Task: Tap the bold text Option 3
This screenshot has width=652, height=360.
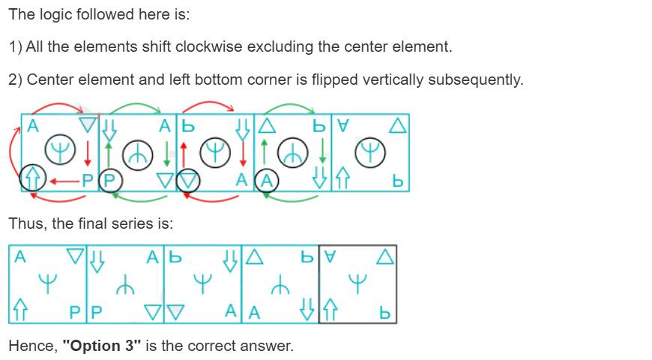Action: click(x=102, y=346)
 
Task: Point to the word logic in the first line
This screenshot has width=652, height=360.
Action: click(x=58, y=15)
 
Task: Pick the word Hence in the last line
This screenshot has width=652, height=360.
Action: click(x=32, y=346)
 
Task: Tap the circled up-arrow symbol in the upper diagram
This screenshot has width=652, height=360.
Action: click(x=32, y=178)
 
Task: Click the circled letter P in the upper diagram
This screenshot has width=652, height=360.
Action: click(x=109, y=181)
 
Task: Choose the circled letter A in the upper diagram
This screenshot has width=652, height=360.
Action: click(x=267, y=181)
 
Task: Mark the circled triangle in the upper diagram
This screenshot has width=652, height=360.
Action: click(x=188, y=181)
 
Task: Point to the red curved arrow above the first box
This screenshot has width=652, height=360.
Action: click(x=58, y=104)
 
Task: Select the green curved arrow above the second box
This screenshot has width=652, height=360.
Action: click(x=135, y=104)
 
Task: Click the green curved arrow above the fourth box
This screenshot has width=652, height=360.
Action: click(x=290, y=104)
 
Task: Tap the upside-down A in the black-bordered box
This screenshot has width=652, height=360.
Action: click(x=330, y=256)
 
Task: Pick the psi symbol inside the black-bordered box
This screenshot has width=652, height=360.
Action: click(x=357, y=283)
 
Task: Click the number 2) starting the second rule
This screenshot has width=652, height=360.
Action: click(x=16, y=79)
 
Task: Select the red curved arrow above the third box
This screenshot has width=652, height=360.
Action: click(x=208, y=104)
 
